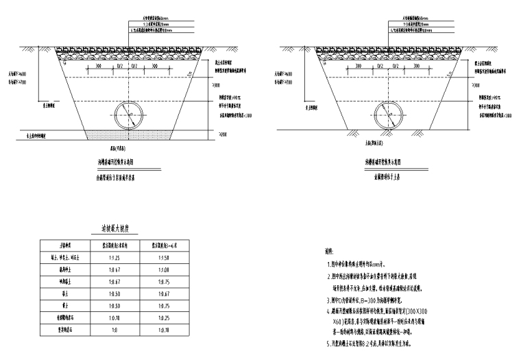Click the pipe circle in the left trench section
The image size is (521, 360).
(130, 116)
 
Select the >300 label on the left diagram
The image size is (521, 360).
(217, 86)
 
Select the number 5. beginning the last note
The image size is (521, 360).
(330, 343)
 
